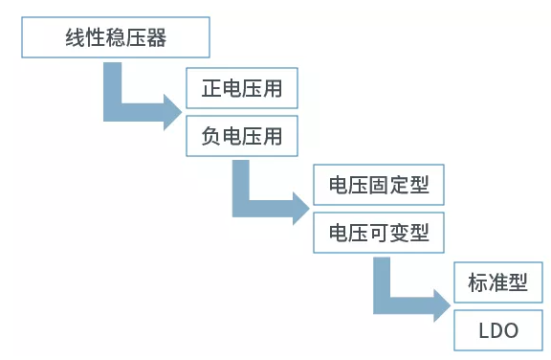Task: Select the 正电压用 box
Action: coord(241,92)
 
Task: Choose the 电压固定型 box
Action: coord(378,185)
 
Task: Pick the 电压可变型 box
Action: coord(378,232)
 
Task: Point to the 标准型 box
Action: coord(497,283)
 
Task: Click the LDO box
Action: coord(497,330)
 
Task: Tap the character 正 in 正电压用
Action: coord(211,92)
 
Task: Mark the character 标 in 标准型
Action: coord(477,283)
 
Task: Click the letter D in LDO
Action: coord(497,330)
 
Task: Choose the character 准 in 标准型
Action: coord(497,283)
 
